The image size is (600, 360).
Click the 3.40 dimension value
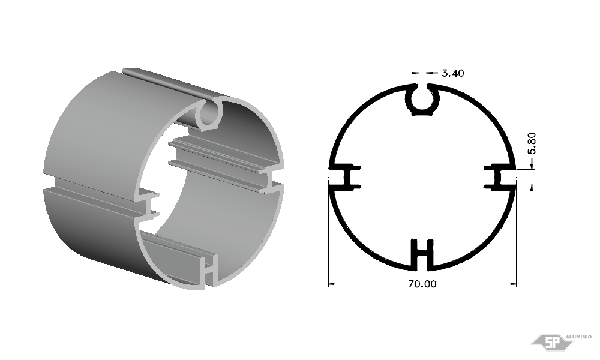(x=452, y=73)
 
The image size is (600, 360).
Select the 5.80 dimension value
(x=532, y=143)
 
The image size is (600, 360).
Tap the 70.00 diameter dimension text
(x=422, y=284)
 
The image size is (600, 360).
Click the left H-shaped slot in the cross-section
(x=345, y=177)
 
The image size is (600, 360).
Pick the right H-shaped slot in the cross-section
(x=500, y=177)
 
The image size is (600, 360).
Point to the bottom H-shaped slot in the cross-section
(x=422, y=253)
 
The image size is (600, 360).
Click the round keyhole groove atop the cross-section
(x=422, y=100)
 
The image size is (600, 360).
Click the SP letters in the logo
(x=552, y=343)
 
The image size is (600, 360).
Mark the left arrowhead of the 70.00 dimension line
(x=331, y=284)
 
